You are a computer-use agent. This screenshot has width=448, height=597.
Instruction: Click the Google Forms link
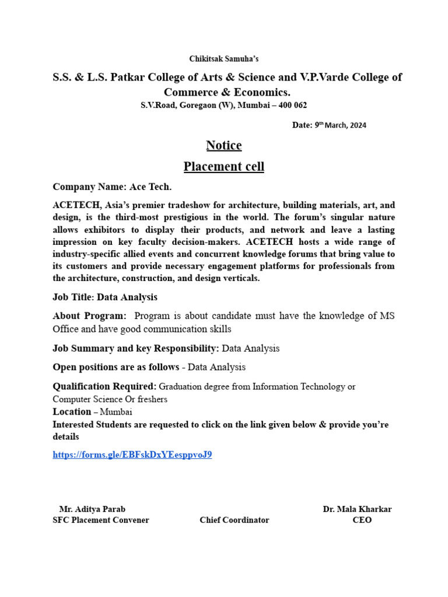(x=132, y=455)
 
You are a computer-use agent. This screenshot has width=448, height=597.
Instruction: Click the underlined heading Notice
(x=224, y=145)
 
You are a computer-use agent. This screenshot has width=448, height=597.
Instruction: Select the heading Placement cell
(x=224, y=167)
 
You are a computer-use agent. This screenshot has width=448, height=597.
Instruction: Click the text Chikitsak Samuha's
(x=224, y=59)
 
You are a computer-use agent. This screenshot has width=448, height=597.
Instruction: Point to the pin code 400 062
(x=290, y=105)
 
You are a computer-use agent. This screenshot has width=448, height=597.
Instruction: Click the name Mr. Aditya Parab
(x=92, y=509)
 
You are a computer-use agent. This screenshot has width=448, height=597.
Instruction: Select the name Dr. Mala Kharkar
(x=357, y=509)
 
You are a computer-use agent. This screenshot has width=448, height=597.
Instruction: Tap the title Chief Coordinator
(x=235, y=520)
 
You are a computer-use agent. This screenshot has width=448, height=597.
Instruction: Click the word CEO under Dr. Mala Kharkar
(x=362, y=520)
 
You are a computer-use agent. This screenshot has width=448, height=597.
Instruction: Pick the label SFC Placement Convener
(x=101, y=520)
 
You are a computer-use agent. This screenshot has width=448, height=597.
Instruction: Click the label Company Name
(x=89, y=187)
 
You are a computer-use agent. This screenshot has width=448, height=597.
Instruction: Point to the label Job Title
(x=73, y=297)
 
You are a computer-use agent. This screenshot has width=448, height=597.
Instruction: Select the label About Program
(x=89, y=316)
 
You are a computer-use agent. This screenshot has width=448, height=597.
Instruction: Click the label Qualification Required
(x=104, y=387)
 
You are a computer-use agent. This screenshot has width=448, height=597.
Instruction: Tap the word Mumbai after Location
(x=117, y=412)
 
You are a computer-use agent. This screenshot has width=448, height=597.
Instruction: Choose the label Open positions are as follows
(x=116, y=367)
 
